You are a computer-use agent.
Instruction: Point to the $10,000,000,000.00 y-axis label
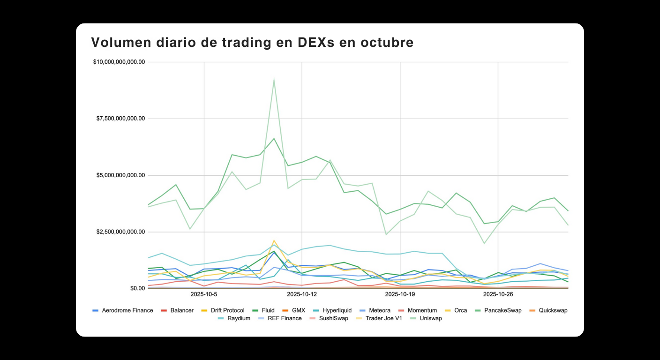(x=119, y=62)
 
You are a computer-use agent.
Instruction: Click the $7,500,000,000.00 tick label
(x=121, y=119)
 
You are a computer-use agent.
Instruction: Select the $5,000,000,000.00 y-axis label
(x=121, y=175)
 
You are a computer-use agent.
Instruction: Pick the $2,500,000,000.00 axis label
(x=121, y=232)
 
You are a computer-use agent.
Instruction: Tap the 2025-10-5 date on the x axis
(x=204, y=294)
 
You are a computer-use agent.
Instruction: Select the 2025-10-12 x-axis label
(x=302, y=294)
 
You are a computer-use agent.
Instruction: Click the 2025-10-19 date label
(x=400, y=294)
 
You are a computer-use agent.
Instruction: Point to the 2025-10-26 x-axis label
(x=498, y=294)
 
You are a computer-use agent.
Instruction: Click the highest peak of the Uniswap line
(x=274, y=79)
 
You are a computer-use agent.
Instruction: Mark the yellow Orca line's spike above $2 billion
(x=274, y=240)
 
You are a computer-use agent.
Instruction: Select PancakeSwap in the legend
(x=502, y=310)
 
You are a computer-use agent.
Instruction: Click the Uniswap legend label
(x=430, y=318)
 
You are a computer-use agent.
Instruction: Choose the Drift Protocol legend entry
(x=226, y=310)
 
